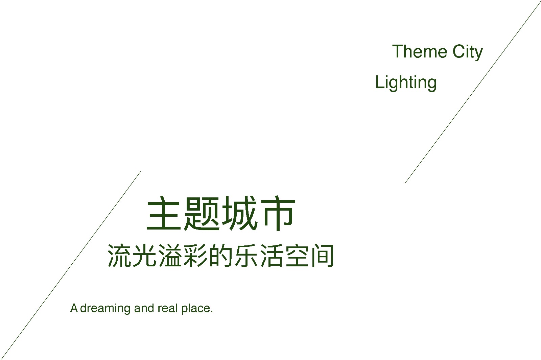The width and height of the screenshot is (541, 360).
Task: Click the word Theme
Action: click(x=420, y=51)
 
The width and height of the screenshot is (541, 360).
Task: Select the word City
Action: click(x=468, y=52)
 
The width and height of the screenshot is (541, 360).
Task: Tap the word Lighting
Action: click(x=406, y=83)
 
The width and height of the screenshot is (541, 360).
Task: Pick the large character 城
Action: click(x=239, y=213)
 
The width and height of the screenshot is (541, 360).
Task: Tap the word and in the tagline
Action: click(x=144, y=308)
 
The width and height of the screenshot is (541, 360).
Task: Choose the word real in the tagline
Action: click(x=168, y=308)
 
